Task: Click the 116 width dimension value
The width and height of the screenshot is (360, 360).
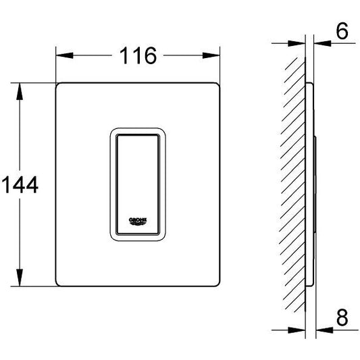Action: pyautogui.click(x=138, y=55)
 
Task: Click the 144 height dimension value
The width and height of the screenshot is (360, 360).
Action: pyautogui.click(x=20, y=184)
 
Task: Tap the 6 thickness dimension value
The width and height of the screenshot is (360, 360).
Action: pyautogui.click(x=342, y=31)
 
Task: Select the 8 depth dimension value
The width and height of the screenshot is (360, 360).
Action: pyautogui.click(x=342, y=318)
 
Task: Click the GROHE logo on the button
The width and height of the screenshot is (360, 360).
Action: pyautogui.click(x=138, y=222)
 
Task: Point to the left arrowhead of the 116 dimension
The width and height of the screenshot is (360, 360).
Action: pyautogui.click(x=65, y=55)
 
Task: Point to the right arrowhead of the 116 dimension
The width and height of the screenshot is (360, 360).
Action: pyautogui.click(x=211, y=55)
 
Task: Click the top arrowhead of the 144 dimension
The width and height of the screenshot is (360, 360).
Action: pyautogui.click(x=20, y=91)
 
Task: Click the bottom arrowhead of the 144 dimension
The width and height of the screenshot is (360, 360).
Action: pyautogui.click(x=20, y=278)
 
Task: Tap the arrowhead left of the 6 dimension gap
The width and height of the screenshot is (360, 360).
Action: pyautogui.click(x=297, y=43)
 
